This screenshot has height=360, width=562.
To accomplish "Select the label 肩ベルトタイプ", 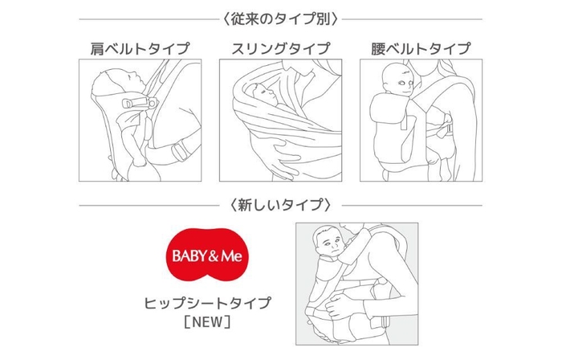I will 140,49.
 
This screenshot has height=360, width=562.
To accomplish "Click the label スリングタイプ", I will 280,49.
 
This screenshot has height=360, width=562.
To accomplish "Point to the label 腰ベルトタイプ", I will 421,49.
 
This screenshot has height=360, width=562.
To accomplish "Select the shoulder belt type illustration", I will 140,120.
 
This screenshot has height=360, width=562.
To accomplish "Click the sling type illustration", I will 280,120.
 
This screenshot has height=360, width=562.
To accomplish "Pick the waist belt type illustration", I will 421,120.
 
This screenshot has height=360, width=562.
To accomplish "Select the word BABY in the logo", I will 191,258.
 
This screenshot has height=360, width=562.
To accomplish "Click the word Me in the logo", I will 234,258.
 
